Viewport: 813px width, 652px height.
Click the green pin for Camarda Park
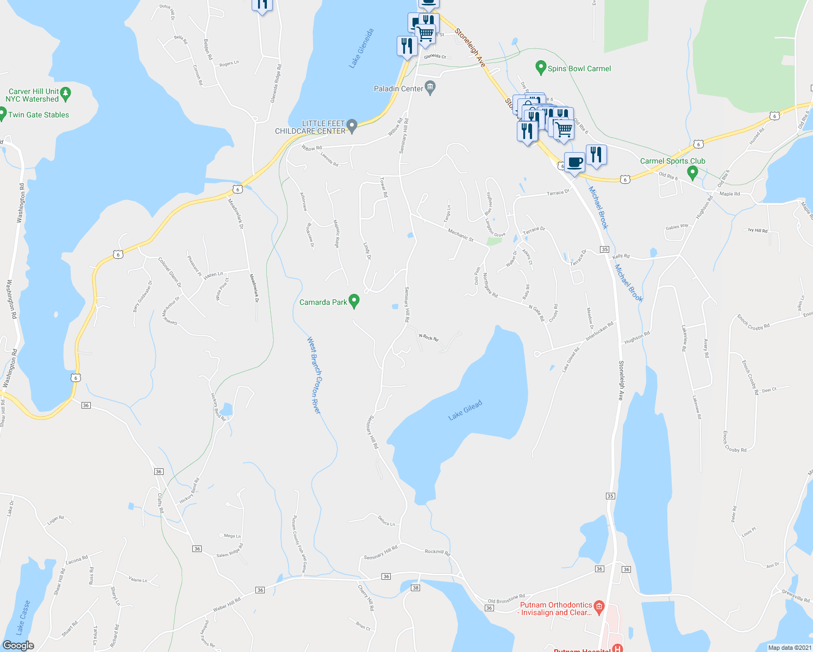(x=354, y=300)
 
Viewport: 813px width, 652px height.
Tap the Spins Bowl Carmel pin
(x=540, y=67)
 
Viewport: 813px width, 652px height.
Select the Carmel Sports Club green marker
(x=692, y=173)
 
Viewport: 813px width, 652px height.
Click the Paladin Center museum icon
(x=430, y=87)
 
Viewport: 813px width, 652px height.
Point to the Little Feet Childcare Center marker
(x=352, y=126)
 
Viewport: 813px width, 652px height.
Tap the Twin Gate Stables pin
(x=2, y=114)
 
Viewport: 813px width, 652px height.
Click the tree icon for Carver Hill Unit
(x=66, y=93)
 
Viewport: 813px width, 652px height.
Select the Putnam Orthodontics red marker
(x=599, y=606)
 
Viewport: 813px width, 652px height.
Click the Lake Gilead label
(x=465, y=410)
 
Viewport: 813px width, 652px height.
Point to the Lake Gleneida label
(x=362, y=48)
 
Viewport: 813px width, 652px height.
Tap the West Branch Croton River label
(x=314, y=375)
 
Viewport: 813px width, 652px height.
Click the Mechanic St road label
(x=460, y=235)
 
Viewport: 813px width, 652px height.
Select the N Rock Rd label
(x=428, y=337)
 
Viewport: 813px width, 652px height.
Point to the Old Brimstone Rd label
(x=506, y=598)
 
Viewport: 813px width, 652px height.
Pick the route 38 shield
(x=416, y=588)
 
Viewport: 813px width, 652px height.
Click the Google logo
(x=18, y=645)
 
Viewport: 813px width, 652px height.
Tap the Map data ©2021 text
(x=789, y=648)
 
